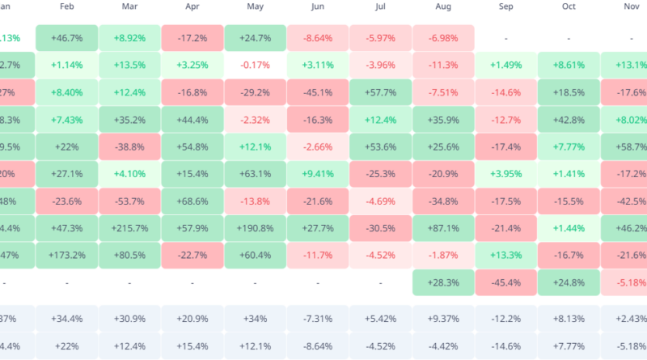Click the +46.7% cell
(x=67, y=38)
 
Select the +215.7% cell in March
(x=129, y=230)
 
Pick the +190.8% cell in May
(x=255, y=230)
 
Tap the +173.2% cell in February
(x=67, y=256)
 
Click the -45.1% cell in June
(x=317, y=93)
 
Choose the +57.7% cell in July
(x=380, y=93)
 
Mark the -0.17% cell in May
(x=255, y=66)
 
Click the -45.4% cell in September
(x=505, y=283)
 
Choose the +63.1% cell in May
(x=255, y=174)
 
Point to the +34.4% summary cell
(x=67, y=319)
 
